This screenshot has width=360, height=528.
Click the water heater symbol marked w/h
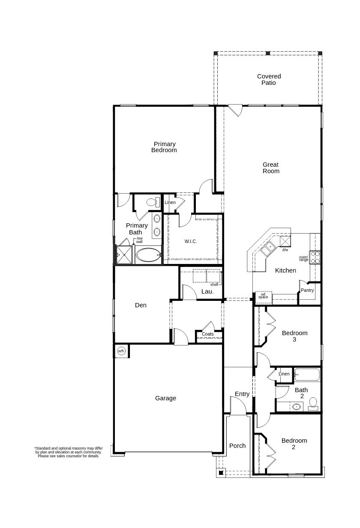[121, 351]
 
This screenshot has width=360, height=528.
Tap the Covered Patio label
[269, 80]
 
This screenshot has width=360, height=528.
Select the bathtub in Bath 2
[307, 375]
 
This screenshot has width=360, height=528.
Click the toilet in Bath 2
[313, 403]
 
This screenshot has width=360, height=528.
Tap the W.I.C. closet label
[191, 242]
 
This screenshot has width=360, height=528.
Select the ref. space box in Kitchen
[263, 296]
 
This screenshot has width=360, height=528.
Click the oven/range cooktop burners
[315, 257]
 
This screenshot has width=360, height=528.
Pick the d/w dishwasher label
[285, 250]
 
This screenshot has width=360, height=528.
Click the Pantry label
[307, 291]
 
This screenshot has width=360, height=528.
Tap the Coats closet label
[207, 334]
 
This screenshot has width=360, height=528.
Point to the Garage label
[165, 398]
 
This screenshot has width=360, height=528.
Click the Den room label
[141, 305]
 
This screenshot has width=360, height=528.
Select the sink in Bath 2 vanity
[296, 406]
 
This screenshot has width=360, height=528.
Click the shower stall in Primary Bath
[124, 255]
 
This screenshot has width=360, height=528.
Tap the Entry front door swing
[238, 405]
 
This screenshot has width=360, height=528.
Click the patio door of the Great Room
[235, 110]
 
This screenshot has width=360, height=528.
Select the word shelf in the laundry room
[214, 285]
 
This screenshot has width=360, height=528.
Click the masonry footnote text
[69, 452]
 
